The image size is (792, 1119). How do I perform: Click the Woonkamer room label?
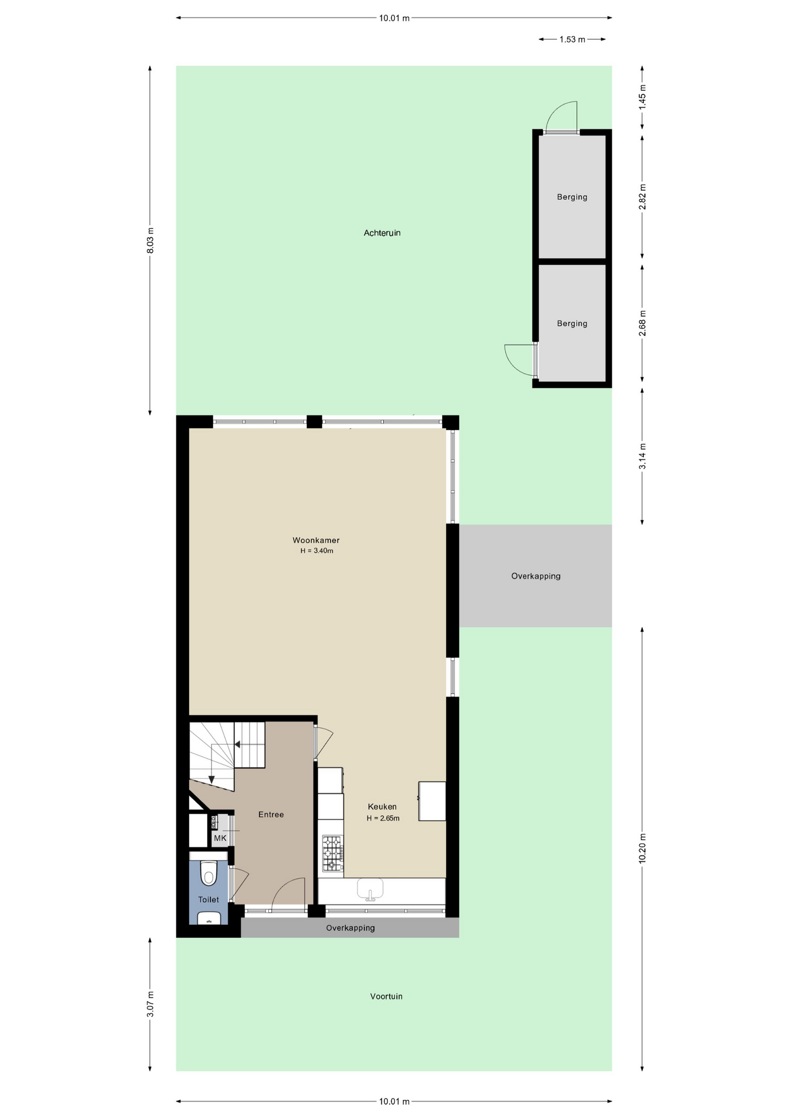pos(316,540)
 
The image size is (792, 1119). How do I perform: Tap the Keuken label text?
pos(382,807)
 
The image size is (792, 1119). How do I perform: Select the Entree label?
pos(271,815)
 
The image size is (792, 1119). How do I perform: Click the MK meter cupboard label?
pos(220,838)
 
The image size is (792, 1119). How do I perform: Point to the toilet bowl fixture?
pos(209,872)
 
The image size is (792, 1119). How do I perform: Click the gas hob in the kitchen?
pos(332,853)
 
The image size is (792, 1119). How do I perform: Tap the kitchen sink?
pos(370,889)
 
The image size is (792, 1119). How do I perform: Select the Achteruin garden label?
pos(382,233)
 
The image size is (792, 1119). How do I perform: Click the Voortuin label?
pos(386,996)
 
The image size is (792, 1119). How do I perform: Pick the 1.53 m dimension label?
pos(572,40)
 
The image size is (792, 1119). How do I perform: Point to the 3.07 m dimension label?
pos(150,1004)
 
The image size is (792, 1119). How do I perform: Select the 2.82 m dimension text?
pos(643,197)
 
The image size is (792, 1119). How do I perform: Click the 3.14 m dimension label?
pos(643,456)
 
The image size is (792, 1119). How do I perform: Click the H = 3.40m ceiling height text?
pos(317,551)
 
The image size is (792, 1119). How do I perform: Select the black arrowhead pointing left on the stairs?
pos(237,744)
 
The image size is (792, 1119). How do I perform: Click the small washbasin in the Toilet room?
pos(209,918)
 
